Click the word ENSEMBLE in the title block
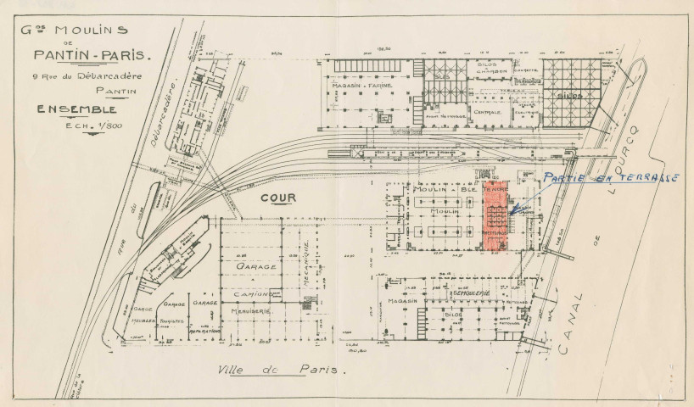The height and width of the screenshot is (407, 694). (x=76, y=110)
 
